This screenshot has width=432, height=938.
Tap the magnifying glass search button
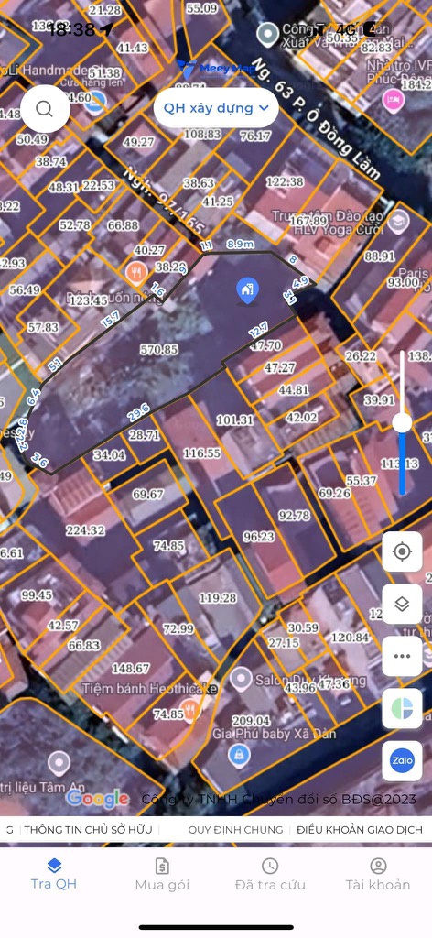click(x=44, y=108)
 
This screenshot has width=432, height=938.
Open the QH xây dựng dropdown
click(x=216, y=108)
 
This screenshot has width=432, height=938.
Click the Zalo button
click(x=402, y=760)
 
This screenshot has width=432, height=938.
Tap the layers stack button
click(x=402, y=604)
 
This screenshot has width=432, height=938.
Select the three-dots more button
click(x=402, y=656)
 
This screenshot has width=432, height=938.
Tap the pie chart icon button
click(x=402, y=708)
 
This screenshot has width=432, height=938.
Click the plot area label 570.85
click(x=159, y=349)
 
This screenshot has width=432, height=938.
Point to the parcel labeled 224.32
click(x=86, y=529)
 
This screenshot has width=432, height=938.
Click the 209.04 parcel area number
click(x=252, y=721)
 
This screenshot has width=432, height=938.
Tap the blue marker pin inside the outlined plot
click(x=247, y=290)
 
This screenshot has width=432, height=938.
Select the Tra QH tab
click(x=54, y=874)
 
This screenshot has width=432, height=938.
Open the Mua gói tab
click(x=162, y=874)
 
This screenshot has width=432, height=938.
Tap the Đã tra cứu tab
click(x=270, y=874)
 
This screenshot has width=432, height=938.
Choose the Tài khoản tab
click(x=378, y=874)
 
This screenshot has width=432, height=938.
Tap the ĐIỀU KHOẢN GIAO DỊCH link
click(x=360, y=830)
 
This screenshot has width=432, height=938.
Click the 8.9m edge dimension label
click(x=241, y=244)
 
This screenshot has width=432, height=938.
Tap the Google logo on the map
click(x=97, y=799)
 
